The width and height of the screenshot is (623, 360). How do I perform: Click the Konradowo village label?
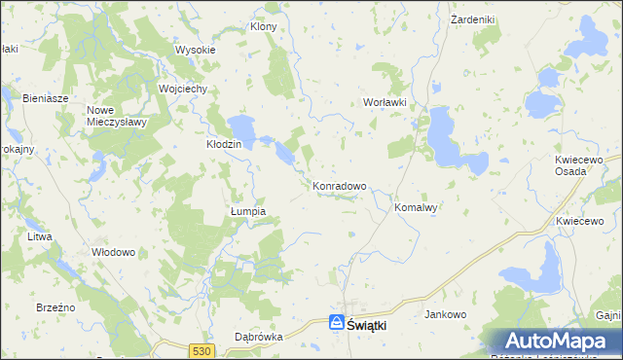point(339,185)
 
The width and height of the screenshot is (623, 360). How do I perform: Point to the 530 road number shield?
point(202,350)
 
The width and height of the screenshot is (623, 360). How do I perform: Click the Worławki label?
point(384,102)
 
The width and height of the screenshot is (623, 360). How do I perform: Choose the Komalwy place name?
point(419,207)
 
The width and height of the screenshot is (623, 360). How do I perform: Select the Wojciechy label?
point(182,88)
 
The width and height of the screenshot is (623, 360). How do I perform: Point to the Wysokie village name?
point(194,50)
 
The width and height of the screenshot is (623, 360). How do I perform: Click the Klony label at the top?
point(264,26)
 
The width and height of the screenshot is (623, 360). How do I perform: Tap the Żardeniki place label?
point(474,18)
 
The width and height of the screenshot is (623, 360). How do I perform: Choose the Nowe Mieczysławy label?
point(116,117)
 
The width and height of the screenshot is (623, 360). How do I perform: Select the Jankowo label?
point(447,314)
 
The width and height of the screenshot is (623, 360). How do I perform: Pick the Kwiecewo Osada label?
point(583,164)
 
